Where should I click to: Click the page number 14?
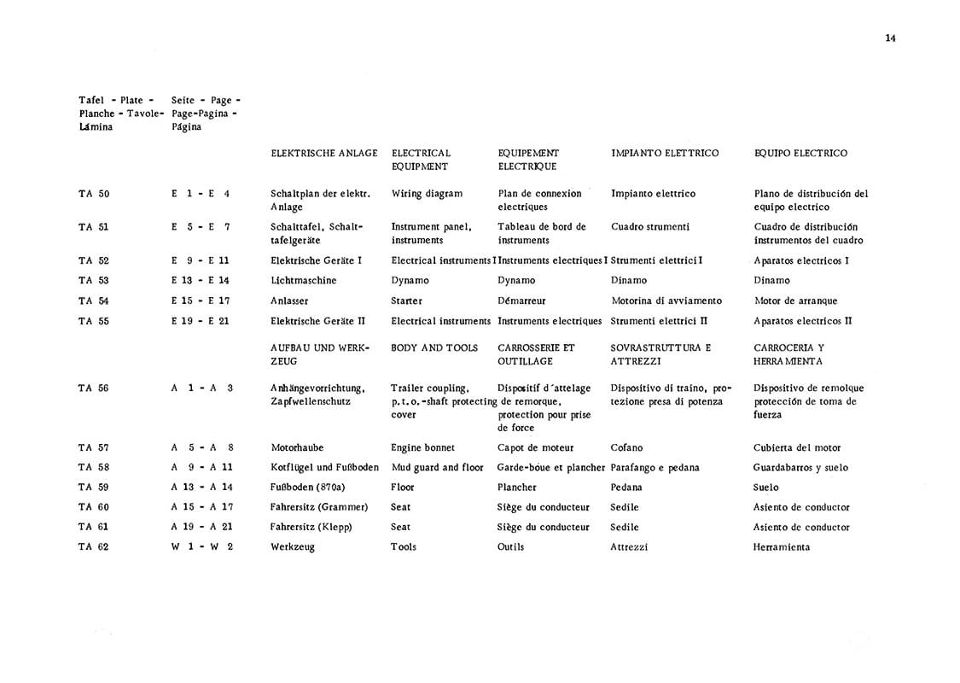click(x=890, y=38)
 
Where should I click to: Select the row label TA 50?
click(x=94, y=194)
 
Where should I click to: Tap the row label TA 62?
click(x=94, y=547)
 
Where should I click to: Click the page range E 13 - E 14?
click(x=201, y=281)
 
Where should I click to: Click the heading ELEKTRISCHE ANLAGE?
click(x=323, y=154)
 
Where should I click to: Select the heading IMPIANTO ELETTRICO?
click(x=665, y=154)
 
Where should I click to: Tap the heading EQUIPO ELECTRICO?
click(x=800, y=154)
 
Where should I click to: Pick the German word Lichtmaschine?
click(x=303, y=281)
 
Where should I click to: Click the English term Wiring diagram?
click(x=427, y=194)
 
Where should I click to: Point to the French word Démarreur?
click(x=521, y=301)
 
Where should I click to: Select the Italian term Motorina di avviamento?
click(x=666, y=301)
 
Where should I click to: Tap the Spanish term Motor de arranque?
click(x=795, y=301)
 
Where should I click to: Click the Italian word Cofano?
click(x=627, y=448)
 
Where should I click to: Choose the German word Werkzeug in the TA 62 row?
click(x=293, y=547)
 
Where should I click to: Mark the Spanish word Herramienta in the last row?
click(x=782, y=547)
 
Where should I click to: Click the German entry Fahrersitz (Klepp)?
click(x=311, y=528)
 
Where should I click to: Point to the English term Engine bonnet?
click(x=422, y=448)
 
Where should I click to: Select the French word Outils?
click(x=510, y=547)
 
